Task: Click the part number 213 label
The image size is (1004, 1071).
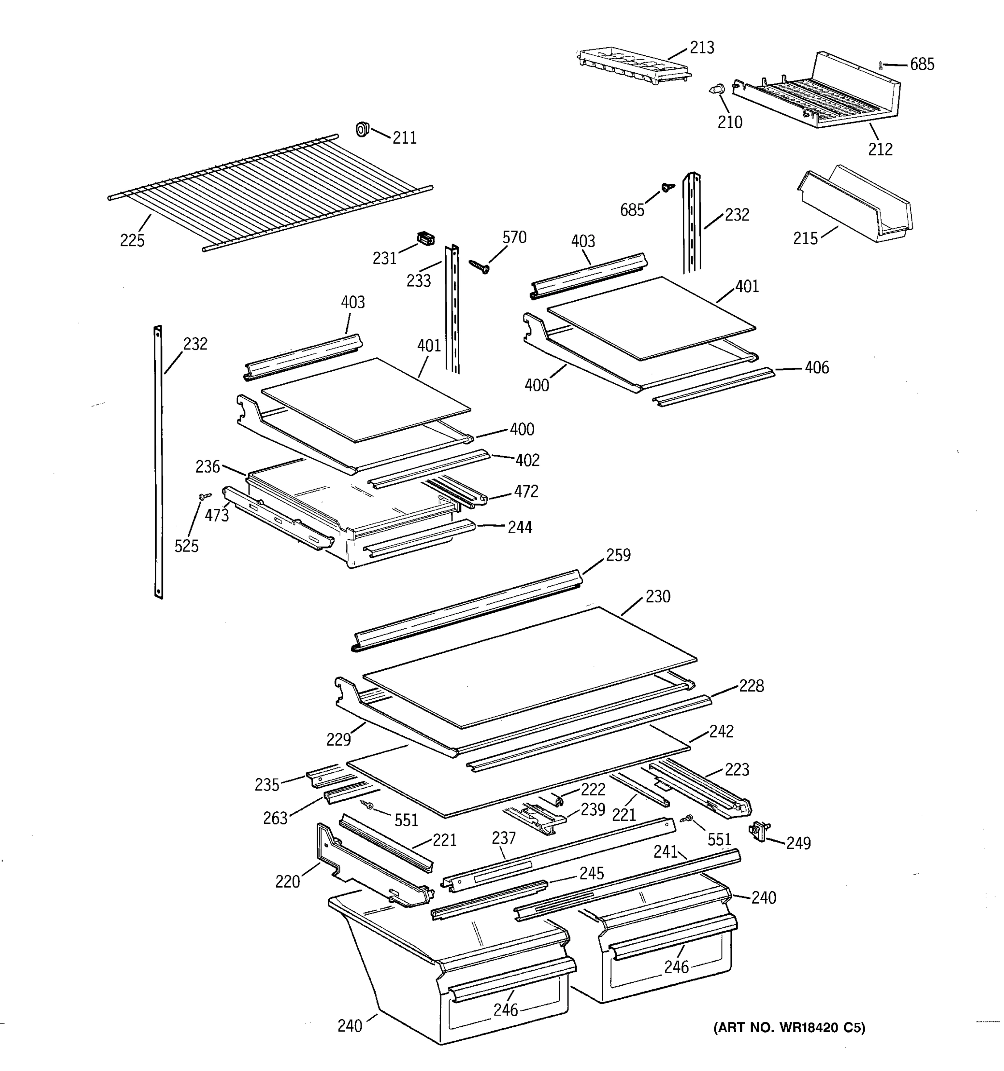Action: (702, 48)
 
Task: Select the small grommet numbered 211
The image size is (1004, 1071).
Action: (362, 129)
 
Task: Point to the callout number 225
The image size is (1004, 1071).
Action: (132, 240)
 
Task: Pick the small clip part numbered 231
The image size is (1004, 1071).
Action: (426, 239)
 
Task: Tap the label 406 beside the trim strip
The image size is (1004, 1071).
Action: (817, 368)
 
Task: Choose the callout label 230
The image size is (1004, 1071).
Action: (658, 597)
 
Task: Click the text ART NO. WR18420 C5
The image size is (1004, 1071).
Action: (789, 1028)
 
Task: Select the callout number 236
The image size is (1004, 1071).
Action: (208, 466)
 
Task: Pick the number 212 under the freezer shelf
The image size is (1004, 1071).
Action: (880, 149)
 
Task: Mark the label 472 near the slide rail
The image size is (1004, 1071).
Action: (526, 491)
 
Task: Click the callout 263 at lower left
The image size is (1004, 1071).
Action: (275, 818)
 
